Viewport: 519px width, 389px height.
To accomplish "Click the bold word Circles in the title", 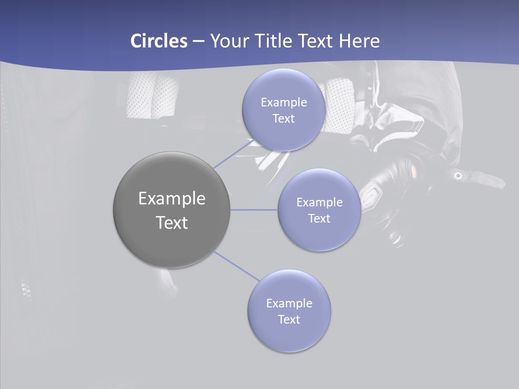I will click(158, 41).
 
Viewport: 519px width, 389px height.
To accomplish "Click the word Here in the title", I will click(359, 41).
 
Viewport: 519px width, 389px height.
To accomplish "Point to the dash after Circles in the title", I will click(198, 42).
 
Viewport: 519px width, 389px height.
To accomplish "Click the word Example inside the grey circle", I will click(171, 199).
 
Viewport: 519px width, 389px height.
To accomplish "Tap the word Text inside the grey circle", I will click(171, 223).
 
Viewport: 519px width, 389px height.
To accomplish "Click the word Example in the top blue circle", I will click(283, 103).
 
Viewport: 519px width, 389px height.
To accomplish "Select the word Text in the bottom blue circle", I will click(289, 320).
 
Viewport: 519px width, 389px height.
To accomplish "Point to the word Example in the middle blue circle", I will click(319, 203).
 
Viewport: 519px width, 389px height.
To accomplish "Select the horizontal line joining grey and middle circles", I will click(254, 210).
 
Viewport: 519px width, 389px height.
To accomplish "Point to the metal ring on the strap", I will click(458, 176).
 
